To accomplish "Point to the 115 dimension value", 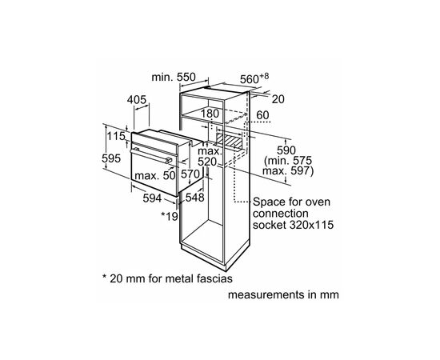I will coord(117,137).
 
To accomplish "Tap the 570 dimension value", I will coord(190,173).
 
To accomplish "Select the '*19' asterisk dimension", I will coord(169,216).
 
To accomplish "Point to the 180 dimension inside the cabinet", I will coord(210,114).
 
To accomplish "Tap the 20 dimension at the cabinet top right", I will coord(277,100).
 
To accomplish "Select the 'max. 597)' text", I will coord(288,171).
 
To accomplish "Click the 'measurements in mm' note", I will coord(284,295).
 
